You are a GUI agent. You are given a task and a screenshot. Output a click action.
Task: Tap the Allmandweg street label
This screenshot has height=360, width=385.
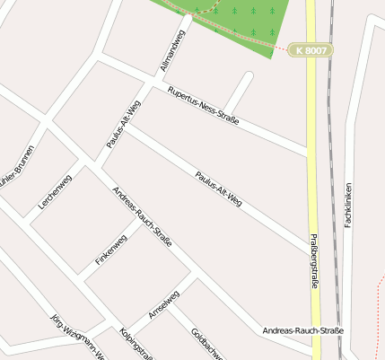pos(171,50)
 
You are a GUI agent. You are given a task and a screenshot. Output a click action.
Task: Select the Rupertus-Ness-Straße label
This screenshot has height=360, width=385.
pos(202,104)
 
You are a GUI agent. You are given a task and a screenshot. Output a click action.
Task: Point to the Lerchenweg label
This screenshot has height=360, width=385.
pos(55,191)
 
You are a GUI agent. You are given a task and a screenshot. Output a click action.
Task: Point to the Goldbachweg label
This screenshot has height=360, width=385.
pos(206,344)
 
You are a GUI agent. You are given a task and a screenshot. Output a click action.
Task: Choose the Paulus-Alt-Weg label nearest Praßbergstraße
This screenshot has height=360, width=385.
pos(218,189)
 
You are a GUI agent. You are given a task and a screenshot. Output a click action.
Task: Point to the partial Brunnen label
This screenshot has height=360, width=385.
pos(17,166)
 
